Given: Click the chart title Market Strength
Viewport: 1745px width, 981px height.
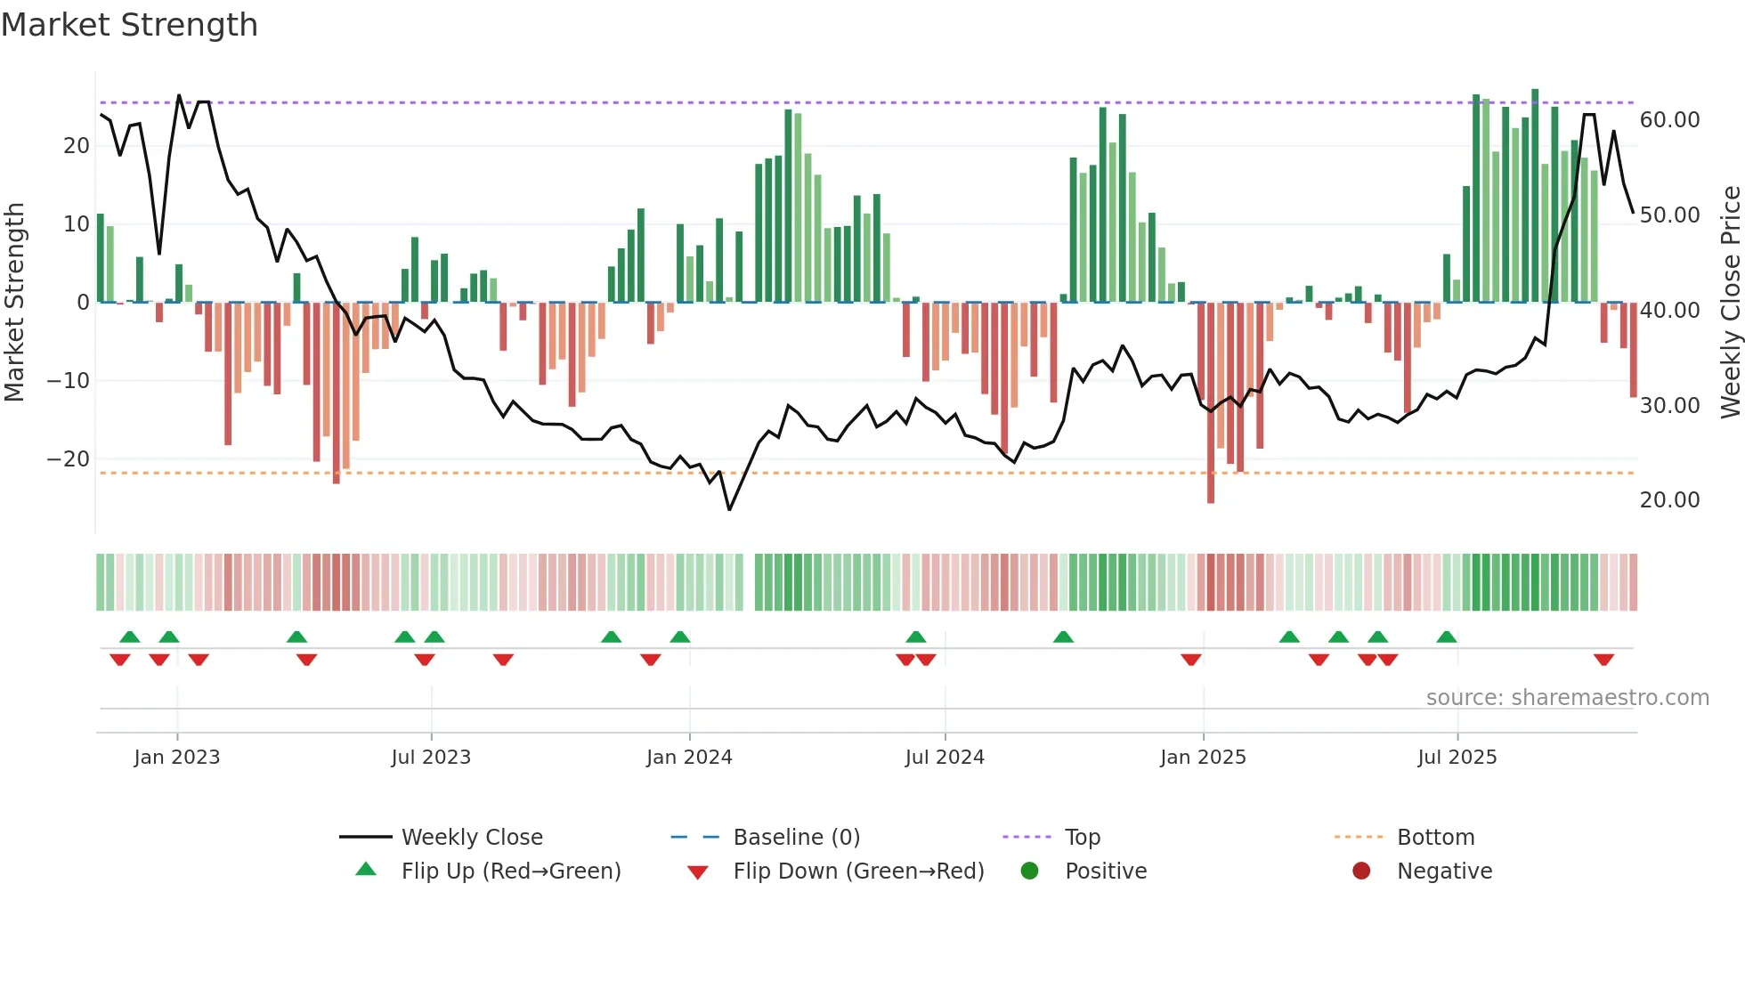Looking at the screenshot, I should point(130,25).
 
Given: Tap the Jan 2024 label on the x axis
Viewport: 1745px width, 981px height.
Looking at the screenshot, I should point(689,757).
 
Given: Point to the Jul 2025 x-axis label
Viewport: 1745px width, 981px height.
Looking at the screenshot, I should point(1457,757).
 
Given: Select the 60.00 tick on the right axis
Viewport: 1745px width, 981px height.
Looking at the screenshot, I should point(1669,120).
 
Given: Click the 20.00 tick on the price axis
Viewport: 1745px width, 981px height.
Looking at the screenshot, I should point(1669,500).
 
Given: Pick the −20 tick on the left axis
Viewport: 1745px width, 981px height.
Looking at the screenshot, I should point(69,459).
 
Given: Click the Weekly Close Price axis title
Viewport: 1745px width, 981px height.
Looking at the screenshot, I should point(1730,303).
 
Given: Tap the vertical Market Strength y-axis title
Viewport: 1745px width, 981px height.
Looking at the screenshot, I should point(14,303).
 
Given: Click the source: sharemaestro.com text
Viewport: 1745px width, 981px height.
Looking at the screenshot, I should point(1567,697).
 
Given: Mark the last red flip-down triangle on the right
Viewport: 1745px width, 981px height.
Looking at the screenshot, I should point(1604,660).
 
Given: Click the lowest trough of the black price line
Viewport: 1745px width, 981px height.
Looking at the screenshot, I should point(729,509).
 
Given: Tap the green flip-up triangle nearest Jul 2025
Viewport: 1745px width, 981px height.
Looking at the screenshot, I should point(1447,636).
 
